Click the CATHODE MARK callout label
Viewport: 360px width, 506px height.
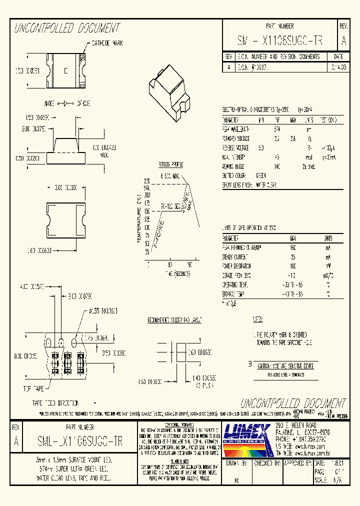click(x=106, y=43)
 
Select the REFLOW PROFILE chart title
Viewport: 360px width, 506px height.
click(x=170, y=164)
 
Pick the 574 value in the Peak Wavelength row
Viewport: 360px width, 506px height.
click(x=277, y=129)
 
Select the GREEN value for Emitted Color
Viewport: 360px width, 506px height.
click(x=260, y=175)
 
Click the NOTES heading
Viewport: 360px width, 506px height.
click(x=257, y=319)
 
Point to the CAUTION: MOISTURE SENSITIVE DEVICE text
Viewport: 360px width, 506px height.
click(x=285, y=366)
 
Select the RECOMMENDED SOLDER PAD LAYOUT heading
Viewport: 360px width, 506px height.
click(x=174, y=319)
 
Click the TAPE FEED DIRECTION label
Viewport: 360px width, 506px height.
click(x=55, y=402)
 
